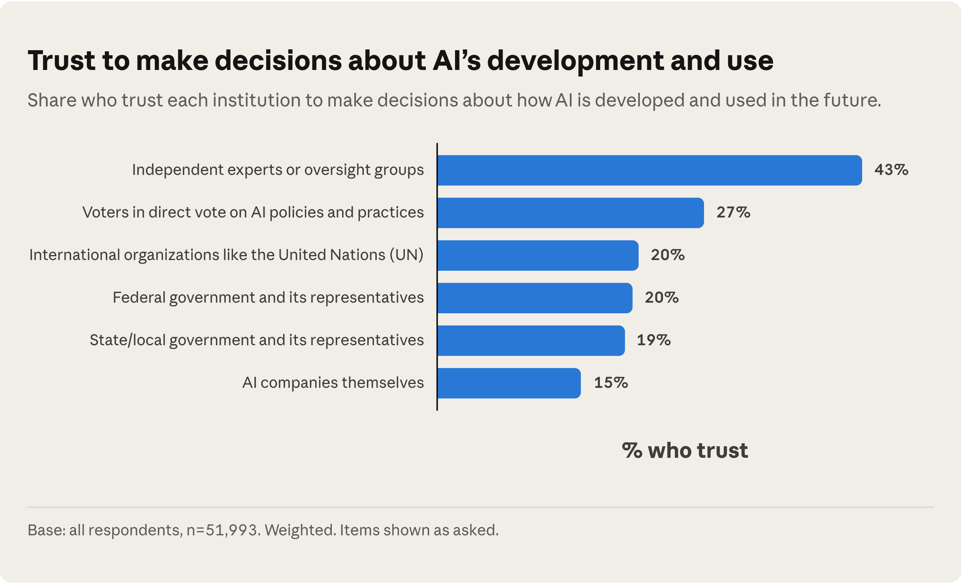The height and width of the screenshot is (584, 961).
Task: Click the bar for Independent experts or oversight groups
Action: click(x=650, y=170)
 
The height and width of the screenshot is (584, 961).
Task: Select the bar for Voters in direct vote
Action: click(x=571, y=213)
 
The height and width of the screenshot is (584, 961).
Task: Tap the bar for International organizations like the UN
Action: click(x=538, y=255)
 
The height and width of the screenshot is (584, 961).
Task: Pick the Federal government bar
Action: click(x=535, y=298)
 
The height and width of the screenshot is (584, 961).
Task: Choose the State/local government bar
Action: click(x=531, y=340)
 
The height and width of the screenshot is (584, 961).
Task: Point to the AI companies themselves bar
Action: click(x=509, y=383)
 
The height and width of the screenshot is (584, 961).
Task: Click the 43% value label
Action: click(x=891, y=170)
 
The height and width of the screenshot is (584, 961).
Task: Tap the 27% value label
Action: click(x=733, y=212)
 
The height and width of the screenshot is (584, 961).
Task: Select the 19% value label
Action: click(x=654, y=340)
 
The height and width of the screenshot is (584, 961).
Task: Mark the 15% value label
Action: click(x=611, y=382)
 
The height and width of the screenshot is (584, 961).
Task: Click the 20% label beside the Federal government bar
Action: click(x=661, y=297)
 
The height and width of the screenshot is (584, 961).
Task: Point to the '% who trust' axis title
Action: click(x=685, y=451)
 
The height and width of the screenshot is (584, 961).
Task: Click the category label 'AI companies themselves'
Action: click(x=333, y=382)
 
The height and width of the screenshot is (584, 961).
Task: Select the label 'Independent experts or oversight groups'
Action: click(x=278, y=170)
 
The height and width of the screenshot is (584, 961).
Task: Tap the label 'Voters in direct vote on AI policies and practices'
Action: click(x=253, y=213)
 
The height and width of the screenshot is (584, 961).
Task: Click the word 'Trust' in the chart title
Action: click(x=61, y=61)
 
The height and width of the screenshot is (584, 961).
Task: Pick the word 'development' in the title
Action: click(x=576, y=62)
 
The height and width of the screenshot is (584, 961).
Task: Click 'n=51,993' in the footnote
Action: click(x=222, y=530)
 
